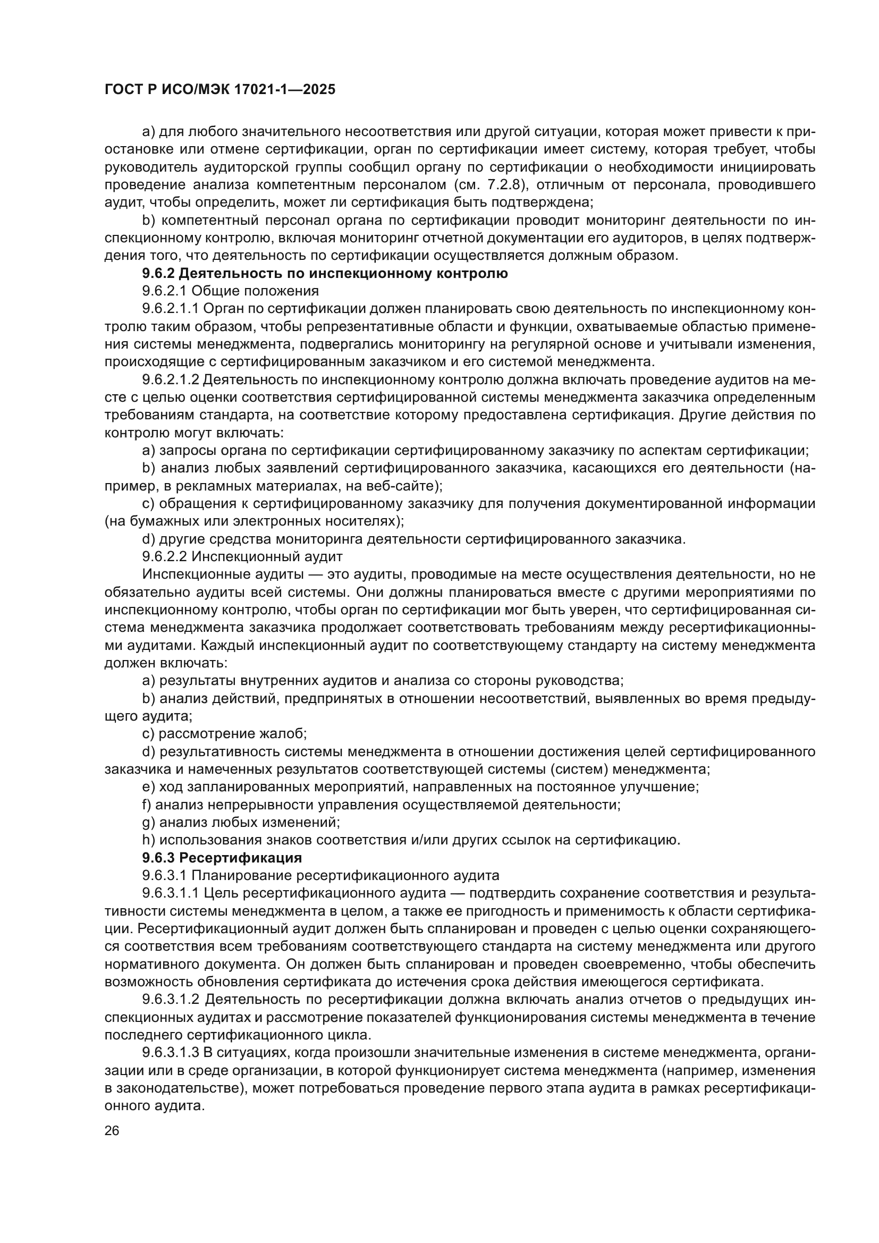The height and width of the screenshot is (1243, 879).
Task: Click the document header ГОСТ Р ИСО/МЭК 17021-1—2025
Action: (x=220, y=89)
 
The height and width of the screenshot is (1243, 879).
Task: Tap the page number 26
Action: (x=112, y=1130)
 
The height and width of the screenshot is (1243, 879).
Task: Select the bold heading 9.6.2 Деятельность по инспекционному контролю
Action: (x=325, y=273)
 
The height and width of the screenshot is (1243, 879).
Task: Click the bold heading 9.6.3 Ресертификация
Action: (x=222, y=858)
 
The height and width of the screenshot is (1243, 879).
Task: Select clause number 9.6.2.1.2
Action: (x=171, y=379)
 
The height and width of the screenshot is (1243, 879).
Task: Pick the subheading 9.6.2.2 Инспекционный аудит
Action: (x=242, y=556)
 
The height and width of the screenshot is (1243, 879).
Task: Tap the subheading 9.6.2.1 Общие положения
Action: (x=231, y=291)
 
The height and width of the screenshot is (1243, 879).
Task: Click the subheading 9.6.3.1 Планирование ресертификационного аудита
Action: (x=320, y=875)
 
